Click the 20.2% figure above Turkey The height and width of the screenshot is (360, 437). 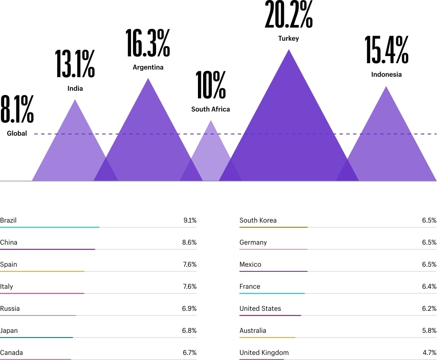tap(289, 14)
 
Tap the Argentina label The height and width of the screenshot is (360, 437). tap(148, 67)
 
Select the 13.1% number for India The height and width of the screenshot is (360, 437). tap(75, 64)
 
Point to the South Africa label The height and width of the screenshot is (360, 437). tap(210, 109)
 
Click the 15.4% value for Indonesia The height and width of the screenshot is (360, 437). tap(387, 50)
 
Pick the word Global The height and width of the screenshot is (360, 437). tap(17, 133)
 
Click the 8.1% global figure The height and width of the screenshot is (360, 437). tap(17, 109)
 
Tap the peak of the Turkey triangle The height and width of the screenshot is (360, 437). tap(289, 50)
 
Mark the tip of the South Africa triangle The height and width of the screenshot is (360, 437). tap(211, 120)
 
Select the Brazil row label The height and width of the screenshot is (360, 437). tap(8, 220)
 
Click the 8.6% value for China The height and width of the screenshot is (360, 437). tap(189, 242)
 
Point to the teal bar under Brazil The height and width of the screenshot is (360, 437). tap(50, 227)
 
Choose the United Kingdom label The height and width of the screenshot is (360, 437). tap(264, 352)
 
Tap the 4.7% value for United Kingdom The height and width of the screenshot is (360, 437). tap(429, 352)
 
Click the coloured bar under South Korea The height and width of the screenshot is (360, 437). tap(273, 227)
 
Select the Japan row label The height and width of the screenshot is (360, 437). tap(9, 331)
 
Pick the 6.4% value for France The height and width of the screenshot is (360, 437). tap(429, 286)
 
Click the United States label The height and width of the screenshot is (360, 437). tap(260, 308)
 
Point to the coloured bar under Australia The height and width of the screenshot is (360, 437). tap(267, 338)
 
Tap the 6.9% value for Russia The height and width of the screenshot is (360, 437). tap(189, 308)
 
